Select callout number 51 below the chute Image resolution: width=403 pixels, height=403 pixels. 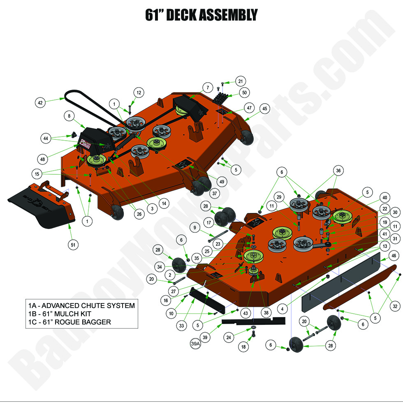point(73,244)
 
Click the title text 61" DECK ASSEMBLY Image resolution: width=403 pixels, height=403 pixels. point(201,15)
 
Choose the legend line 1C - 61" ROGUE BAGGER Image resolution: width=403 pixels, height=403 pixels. point(69,322)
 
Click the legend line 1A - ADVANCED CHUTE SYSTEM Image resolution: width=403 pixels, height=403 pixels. point(81,306)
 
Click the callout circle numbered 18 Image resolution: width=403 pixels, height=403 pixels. point(244,347)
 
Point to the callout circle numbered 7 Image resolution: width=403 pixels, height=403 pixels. point(208,88)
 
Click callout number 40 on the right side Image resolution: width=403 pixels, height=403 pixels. point(384,197)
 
